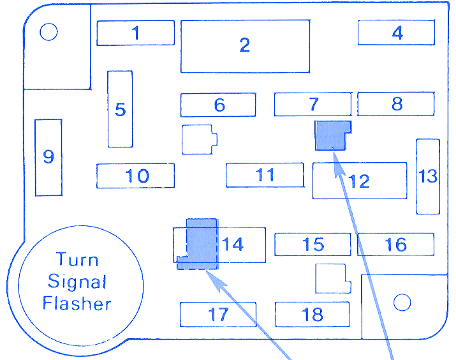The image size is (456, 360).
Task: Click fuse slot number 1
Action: (135, 33)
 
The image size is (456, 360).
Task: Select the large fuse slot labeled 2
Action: (245, 46)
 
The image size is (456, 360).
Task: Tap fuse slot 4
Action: (396, 33)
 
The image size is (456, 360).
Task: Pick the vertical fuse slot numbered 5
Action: (120, 109)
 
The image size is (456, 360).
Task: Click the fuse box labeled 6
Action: (218, 105)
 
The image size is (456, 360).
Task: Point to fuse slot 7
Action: (313, 104)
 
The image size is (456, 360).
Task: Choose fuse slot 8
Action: (395, 104)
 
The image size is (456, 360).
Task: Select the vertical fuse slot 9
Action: (48, 157)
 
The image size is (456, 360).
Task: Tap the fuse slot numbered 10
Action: (135, 176)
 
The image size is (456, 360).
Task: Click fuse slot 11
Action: (265, 175)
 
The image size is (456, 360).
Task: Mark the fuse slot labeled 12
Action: (360, 181)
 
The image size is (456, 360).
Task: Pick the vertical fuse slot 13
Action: (427, 176)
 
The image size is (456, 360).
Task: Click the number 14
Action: (233, 244)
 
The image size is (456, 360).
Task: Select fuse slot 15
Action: (313, 244)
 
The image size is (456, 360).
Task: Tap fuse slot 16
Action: (395, 244)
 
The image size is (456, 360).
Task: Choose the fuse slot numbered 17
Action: (217, 314)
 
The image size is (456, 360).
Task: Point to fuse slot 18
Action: (313, 314)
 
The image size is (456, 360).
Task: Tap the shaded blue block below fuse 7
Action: (332, 135)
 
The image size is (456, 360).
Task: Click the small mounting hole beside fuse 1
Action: (49, 32)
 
